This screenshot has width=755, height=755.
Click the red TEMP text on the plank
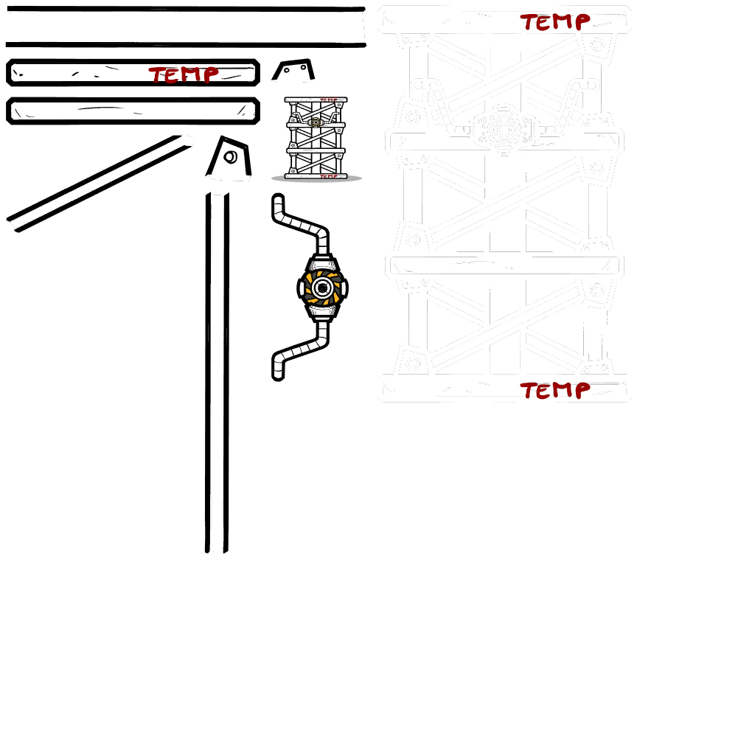tap(184, 74)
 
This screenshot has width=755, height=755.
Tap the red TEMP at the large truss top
tap(553, 21)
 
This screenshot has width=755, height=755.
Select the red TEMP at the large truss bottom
tap(553, 389)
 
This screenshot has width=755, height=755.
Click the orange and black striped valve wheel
tap(322, 287)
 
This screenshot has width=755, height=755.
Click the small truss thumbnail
tap(316, 139)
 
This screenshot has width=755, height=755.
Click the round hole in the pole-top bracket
tap(230, 156)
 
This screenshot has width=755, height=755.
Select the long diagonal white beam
tap(96, 181)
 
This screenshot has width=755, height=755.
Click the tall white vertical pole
tap(217, 369)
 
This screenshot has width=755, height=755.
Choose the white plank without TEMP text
tap(133, 111)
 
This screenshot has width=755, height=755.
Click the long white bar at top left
tap(184, 27)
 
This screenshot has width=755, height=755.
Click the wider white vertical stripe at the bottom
tap(473, 575)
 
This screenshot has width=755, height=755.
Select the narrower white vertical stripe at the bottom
tap(535, 575)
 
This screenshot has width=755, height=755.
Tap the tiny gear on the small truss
tap(316, 122)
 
